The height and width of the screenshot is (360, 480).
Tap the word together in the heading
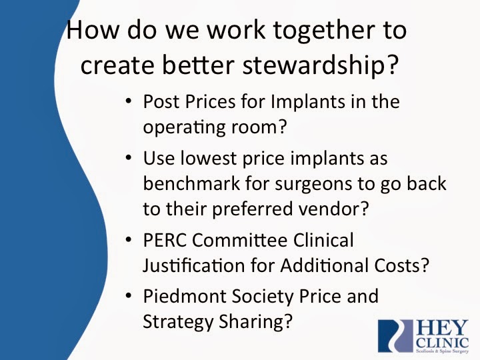click(x=323, y=31)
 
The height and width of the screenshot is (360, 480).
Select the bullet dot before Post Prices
click(x=129, y=101)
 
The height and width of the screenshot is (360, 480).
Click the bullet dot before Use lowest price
click(x=129, y=157)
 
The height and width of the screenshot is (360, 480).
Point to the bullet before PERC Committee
click(x=129, y=239)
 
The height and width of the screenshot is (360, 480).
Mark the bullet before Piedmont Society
click(x=129, y=295)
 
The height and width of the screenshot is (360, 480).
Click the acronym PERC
click(x=165, y=240)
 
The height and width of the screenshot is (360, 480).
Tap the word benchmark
click(x=191, y=183)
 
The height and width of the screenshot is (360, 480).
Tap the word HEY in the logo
click(x=443, y=329)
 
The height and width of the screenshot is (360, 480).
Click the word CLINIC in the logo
click(x=443, y=343)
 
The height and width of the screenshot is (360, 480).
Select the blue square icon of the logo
click(x=395, y=336)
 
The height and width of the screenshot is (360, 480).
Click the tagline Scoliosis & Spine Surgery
click(x=443, y=351)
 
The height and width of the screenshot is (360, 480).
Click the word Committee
click(x=240, y=240)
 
